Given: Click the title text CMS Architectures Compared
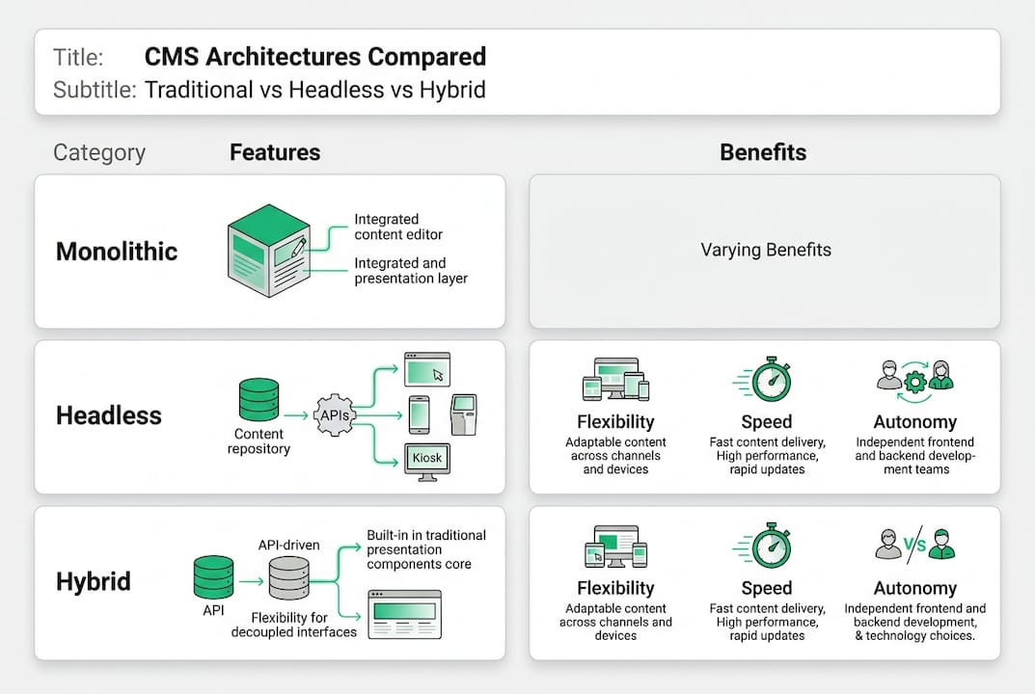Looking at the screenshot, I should (314, 57).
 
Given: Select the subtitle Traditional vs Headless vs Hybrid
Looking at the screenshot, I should (314, 91).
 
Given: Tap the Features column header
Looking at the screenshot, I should (275, 152).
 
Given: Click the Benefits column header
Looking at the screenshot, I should (763, 152).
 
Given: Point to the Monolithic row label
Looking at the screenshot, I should (117, 252).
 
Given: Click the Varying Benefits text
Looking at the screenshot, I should (765, 250).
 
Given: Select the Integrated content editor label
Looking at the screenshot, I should (398, 227).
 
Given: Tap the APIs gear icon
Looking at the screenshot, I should (335, 414).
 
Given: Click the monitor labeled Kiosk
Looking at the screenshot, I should (427, 460).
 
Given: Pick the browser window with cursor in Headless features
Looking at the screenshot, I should (426, 369).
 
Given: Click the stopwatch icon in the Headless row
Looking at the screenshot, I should (771, 380).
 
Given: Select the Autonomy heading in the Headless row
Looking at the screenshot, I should (914, 422).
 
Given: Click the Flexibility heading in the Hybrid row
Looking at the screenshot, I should (615, 588).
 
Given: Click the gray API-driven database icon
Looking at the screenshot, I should (288, 577).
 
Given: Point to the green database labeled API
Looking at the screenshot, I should (213, 576).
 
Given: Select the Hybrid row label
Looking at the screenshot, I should (94, 582).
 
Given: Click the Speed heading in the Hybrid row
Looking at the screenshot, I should (767, 588).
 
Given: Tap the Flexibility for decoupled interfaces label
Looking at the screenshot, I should (294, 625).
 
